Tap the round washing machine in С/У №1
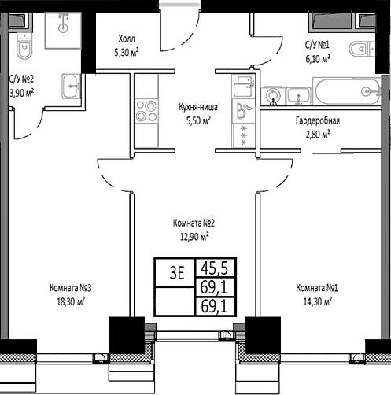click(273, 95)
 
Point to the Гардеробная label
click(317, 120)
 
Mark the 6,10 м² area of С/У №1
click(317, 57)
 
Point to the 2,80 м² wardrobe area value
click(317, 134)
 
